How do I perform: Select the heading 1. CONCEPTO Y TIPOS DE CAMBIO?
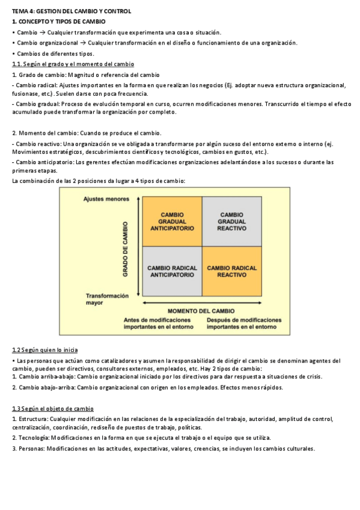click(58, 22)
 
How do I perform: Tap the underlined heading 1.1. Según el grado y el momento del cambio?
click(73, 64)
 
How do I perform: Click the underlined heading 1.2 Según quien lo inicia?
click(44, 350)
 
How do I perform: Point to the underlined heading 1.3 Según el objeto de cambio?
click(53, 408)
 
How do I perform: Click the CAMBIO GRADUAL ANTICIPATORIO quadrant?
click(172, 221)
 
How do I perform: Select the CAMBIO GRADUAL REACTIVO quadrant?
click(231, 221)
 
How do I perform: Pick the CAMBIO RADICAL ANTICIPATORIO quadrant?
click(172, 271)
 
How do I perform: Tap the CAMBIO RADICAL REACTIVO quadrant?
click(231, 271)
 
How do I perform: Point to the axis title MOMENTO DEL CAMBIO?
click(201, 310)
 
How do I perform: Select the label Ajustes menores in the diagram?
click(106, 199)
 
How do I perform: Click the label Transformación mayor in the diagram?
click(107, 300)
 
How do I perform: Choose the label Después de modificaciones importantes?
click(243, 324)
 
